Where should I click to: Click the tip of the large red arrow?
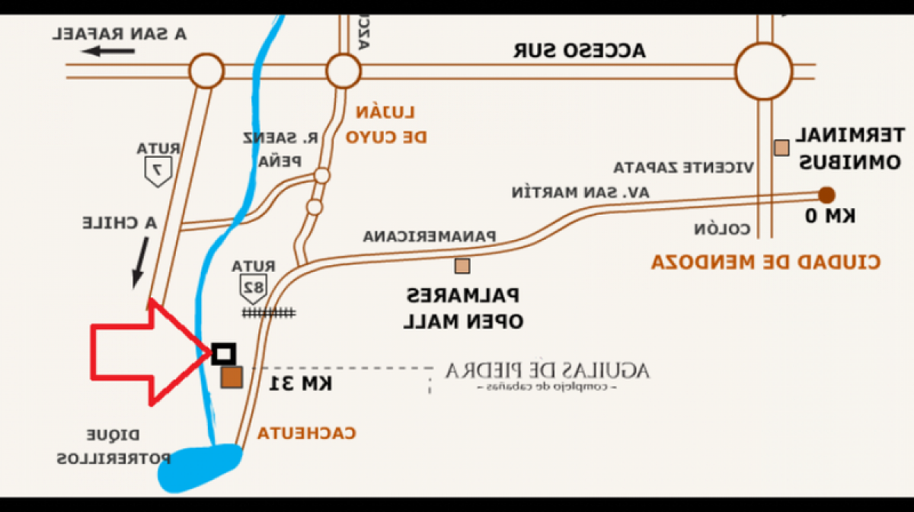coord(209,351)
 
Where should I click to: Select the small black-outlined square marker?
coord(223,353)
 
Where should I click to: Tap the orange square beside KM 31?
coord(232,377)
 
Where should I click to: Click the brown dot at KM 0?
coord(826,194)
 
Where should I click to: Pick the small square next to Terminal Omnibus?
coord(781,147)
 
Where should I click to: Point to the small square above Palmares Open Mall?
coord(462,266)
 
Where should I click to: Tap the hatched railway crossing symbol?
coord(269,312)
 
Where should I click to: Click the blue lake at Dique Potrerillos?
coord(200,466)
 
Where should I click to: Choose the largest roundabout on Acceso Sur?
coord(764,71)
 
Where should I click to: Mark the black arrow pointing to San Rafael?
coord(110,51)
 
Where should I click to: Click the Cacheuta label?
coord(306,434)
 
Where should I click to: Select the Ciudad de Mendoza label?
coord(765,262)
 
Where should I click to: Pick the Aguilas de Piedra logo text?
coord(547,372)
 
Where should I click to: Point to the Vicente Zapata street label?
coord(684,167)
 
